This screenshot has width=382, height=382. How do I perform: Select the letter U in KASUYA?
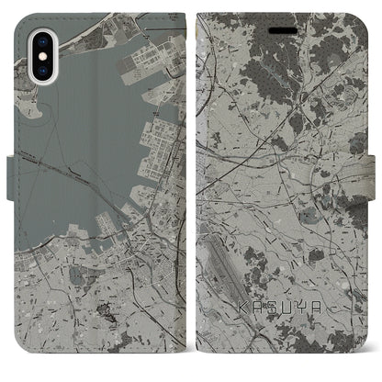[286, 309]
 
